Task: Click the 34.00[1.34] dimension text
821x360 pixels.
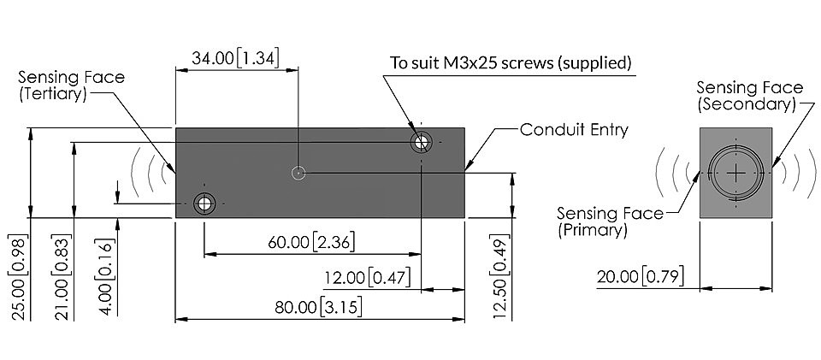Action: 234,57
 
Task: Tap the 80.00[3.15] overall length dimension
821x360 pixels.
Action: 318,307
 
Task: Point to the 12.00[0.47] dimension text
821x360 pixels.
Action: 367,277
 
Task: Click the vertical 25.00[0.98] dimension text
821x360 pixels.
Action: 19,277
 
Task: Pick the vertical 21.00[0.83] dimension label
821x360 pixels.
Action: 62,277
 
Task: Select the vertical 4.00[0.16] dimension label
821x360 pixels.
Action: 105,277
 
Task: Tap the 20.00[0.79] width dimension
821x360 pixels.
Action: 641,277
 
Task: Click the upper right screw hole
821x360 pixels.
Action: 421,142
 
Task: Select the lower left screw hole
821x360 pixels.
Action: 204,203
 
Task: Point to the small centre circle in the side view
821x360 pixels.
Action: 298,172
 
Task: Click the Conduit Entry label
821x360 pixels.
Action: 574,129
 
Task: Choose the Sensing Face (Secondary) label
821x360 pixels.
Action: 749,95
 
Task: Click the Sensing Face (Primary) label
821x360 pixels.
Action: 610,221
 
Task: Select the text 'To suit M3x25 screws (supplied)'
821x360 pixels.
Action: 511,62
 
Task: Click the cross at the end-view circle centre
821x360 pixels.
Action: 735,173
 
